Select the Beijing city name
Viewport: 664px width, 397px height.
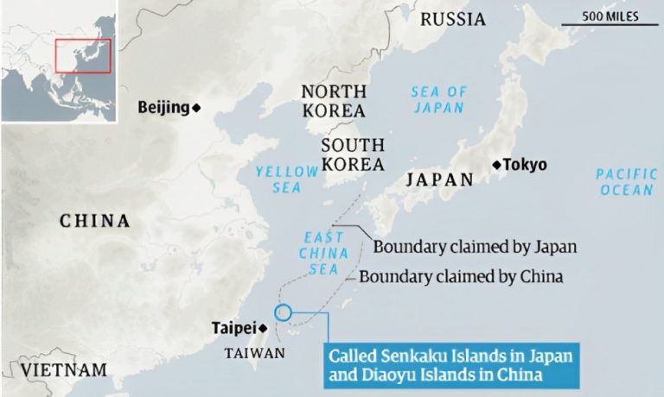point(163,107)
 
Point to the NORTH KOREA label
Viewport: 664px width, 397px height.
point(333,101)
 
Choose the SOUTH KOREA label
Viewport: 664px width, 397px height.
point(353,154)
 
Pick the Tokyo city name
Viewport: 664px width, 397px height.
point(526,165)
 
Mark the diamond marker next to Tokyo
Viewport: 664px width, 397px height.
point(496,165)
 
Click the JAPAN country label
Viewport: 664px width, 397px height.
point(441,180)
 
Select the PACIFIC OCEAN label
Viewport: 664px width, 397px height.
point(626,182)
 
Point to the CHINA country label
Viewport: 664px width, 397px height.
point(95,222)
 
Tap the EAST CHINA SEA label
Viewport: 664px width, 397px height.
point(323,253)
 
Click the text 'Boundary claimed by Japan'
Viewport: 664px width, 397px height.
point(475,247)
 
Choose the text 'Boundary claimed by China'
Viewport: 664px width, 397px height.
point(461,277)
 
